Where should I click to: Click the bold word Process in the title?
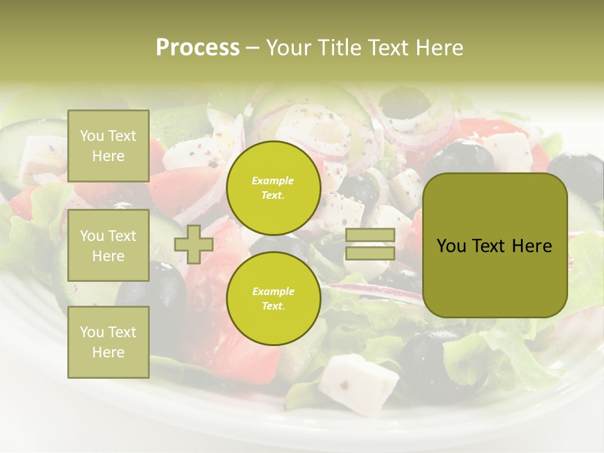(x=198, y=47)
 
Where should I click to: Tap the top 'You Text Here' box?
(x=108, y=146)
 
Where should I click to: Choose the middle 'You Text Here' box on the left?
(x=108, y=245)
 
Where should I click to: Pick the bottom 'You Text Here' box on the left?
(x=108, y=342)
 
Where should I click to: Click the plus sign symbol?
(x=194, y=244)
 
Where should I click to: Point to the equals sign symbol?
(x=371, y=244)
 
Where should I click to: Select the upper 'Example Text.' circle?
(x=273, y=187)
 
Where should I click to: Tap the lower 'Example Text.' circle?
(x=273, y=298)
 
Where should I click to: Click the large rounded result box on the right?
(x=495, y=245)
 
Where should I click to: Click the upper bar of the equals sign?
(x=371, y=235)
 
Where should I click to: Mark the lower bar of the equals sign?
(x=371, y=253)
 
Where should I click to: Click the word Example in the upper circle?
(x=273, y=181)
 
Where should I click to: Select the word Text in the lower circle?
(x=272, y=306)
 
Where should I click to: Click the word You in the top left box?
(x=92, y=136)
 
